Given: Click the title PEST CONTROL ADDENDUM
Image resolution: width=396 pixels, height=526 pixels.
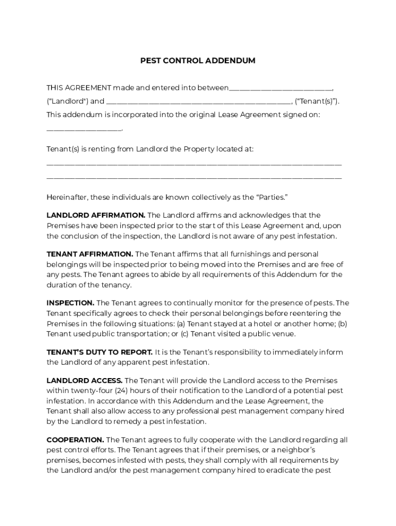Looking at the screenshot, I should pos(198,61).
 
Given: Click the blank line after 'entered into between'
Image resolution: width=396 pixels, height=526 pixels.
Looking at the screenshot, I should pos(280,88).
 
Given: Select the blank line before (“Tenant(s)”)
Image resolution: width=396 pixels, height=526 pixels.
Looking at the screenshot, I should pos(199,102).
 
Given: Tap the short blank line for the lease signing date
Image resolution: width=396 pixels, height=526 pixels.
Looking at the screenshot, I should pos(84,129).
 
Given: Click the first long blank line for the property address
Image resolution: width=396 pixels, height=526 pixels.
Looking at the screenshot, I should pos(194,164).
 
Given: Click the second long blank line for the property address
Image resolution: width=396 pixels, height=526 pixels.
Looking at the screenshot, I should pos(194,178).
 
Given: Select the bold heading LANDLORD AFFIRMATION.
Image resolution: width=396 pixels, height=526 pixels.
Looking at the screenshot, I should pos(96,215).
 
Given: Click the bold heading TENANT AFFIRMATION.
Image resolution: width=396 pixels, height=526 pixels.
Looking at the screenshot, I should pos(89,254).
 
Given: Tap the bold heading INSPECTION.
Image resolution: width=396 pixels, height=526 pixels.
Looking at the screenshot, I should pos(70,303).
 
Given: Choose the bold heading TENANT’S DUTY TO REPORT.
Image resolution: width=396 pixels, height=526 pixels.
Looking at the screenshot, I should pos(99,352).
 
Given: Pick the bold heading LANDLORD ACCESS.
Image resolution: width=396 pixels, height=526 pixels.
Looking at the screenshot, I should pos(84,381).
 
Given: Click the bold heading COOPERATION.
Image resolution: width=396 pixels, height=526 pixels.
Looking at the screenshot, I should pos(75,440).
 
